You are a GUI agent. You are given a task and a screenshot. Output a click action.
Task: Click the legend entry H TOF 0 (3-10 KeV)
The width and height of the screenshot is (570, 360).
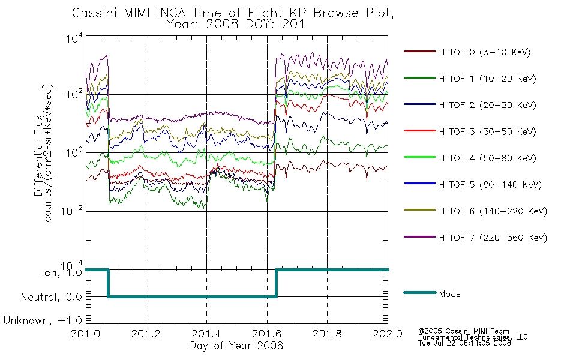click(x=485, y=52)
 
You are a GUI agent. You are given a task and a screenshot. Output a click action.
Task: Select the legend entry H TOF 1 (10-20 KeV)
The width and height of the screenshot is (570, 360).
click(x=487, y=79)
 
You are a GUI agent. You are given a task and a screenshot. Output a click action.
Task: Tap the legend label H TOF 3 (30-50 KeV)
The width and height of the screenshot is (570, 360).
click(x=487, y=131)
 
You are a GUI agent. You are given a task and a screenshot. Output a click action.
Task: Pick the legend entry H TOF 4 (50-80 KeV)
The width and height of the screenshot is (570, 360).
click(x=487, y=158)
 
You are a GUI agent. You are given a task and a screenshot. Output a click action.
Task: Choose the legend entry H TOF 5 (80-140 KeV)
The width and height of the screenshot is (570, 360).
click(x=490, y=185)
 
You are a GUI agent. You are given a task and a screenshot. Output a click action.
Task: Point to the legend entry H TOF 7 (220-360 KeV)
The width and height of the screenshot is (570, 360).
click(x=493, y=238)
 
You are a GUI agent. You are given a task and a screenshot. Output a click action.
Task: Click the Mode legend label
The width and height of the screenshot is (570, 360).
click(x=449, y=294)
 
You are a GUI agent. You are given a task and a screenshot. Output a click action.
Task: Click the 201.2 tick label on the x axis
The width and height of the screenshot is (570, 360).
click(x=146, y=334)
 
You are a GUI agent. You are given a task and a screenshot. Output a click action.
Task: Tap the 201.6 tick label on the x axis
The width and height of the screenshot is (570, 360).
click(x=267, y=334)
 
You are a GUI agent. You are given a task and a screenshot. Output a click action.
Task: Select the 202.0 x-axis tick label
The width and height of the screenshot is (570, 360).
click(x=388, y=334)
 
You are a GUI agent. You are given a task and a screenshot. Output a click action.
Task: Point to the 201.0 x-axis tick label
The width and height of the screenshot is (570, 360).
click(x=85, y=334)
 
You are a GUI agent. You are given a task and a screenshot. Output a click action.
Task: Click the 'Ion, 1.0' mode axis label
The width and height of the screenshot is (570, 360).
click(x=62, y=272)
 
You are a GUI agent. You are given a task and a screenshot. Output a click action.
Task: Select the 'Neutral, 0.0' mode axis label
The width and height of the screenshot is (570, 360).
click(x=51, y=297)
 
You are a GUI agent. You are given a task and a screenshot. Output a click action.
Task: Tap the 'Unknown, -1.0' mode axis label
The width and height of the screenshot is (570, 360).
click(x=43, y=320)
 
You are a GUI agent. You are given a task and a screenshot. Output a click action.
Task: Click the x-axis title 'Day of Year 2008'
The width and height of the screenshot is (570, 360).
click(x=236, y=346)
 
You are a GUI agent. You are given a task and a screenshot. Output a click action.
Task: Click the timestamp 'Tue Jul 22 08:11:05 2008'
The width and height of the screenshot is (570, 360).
click(x=464, y=343)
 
